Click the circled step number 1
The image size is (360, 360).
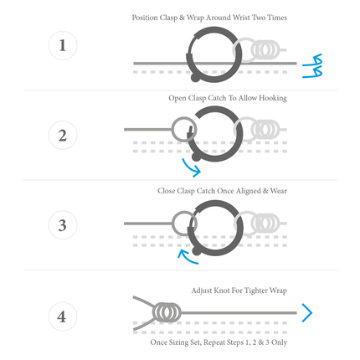[63, 45]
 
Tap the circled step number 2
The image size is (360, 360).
[63, 135]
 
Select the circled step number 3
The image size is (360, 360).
[63, 225]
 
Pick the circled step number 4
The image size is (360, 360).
[63, 316]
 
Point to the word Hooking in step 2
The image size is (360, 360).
[273, 98]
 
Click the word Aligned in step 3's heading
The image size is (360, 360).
[248, 191]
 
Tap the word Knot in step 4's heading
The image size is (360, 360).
[222, 291]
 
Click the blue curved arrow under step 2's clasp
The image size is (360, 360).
[192, 168]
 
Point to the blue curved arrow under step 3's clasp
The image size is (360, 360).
[188, 257]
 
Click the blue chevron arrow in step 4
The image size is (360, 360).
[307, 313]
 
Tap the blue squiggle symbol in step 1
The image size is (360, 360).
[313, 66]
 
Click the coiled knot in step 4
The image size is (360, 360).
[167, 312]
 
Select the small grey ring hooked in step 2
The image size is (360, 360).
[172, 129]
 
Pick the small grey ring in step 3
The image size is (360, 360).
[172, 224]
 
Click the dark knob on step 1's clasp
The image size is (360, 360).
[195, 77]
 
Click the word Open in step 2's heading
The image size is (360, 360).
[177, 98]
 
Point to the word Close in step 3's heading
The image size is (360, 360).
[166, 191]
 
